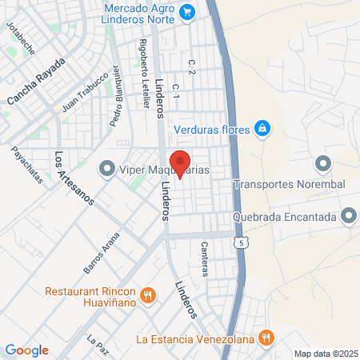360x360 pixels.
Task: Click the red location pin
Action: [x=180, y=163]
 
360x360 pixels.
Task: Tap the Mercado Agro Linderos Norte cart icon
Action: [x=188, y=11]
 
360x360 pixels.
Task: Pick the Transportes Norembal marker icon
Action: [x=323, y=165]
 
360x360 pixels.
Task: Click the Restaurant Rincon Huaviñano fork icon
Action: [x=148, y=296]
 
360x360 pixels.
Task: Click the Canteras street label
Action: [x=205, y=258]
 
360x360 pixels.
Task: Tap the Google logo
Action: [x=26, y=350]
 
